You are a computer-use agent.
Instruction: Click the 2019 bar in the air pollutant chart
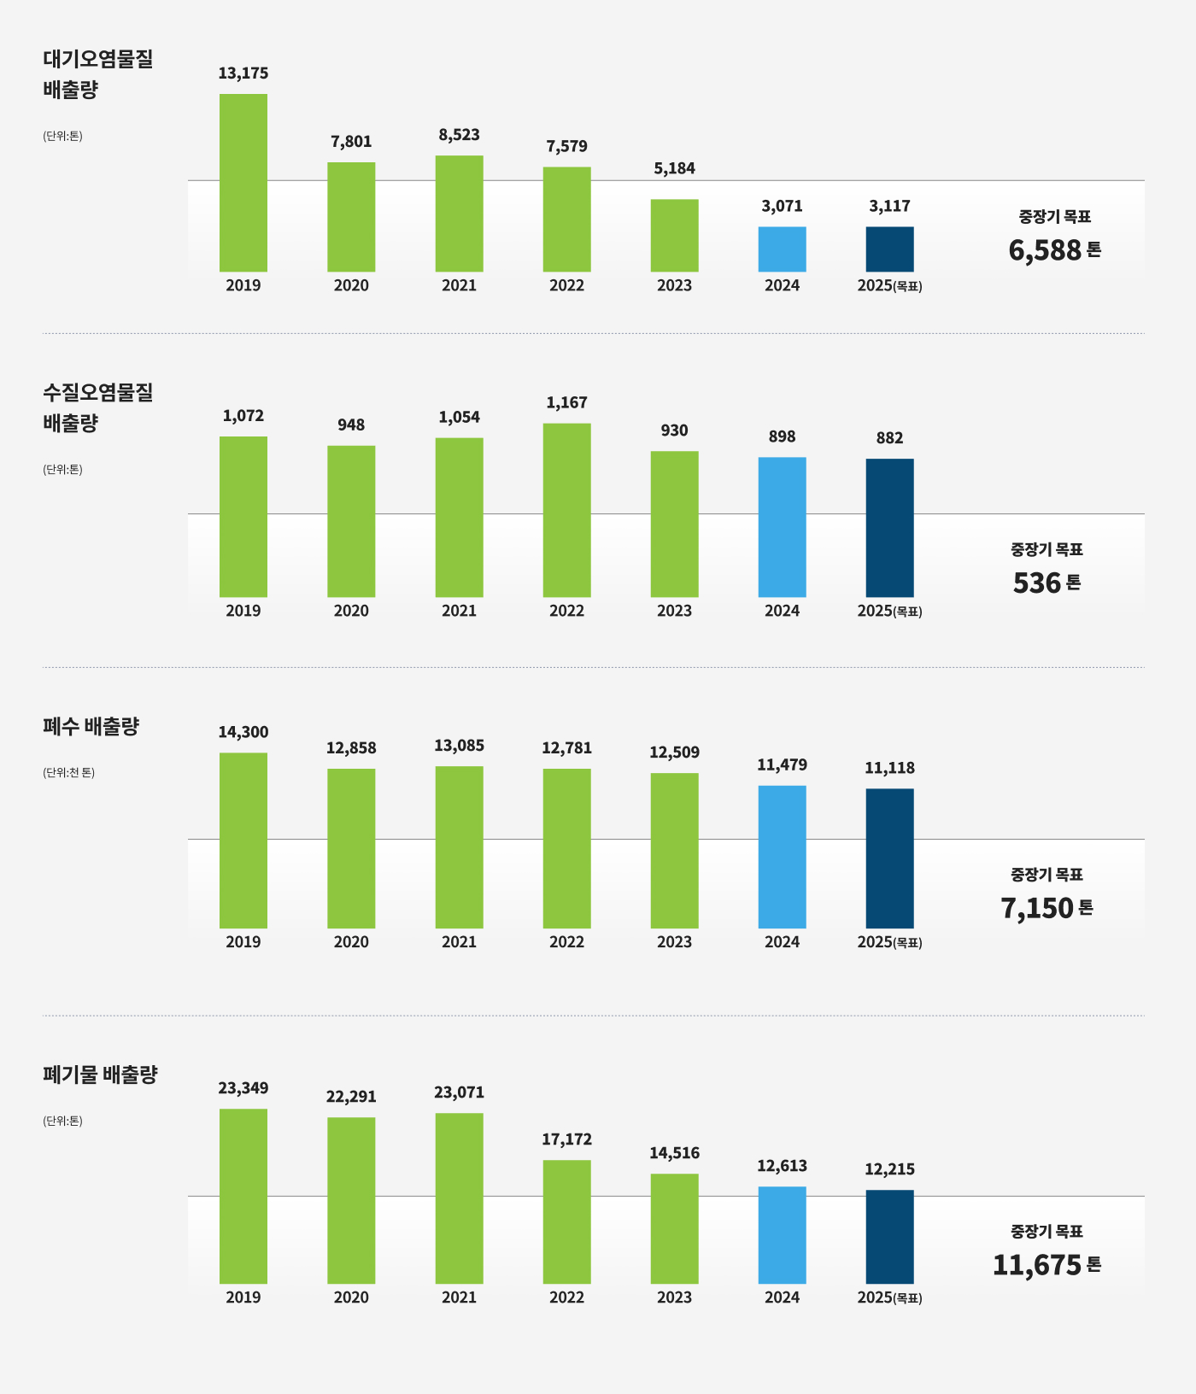[x=243, y=182]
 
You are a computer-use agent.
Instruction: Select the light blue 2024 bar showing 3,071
[x=782, y=249]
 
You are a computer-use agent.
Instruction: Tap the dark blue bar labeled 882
[x=889, y=527]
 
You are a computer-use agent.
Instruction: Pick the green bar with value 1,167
[x=566, y=510]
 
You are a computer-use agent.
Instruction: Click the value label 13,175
[x=243, y=73]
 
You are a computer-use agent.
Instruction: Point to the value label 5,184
[x=674, y=168]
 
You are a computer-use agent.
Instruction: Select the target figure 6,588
[x=1045, y=250]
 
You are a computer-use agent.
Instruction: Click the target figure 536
[x=1036, y=583]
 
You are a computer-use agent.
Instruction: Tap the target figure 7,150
[x=1037, y=908]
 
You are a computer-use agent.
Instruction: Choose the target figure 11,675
[x=1037, y=1265]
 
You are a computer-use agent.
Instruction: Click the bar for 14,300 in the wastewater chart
[x=243, y=840]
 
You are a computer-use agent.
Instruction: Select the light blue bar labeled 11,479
[x=782, y=856]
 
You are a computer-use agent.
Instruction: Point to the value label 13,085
[x=459, y=746]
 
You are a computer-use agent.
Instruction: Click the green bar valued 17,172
[x=566, y=1221]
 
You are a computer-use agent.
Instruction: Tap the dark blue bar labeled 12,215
[x=889, y=1236]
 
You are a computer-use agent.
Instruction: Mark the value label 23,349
[x=243, y=1088]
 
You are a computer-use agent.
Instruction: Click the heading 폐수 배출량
[x=91, y=727]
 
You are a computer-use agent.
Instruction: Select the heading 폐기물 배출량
[x=100, y=1075]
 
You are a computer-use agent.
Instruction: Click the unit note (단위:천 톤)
[x=68, y=772]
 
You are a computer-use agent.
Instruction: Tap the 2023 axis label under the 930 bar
[x=674, y=611]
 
